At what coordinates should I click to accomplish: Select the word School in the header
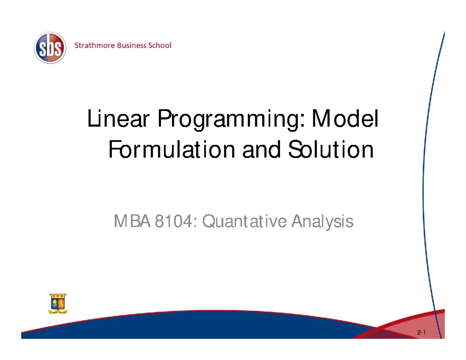[159, 46]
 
